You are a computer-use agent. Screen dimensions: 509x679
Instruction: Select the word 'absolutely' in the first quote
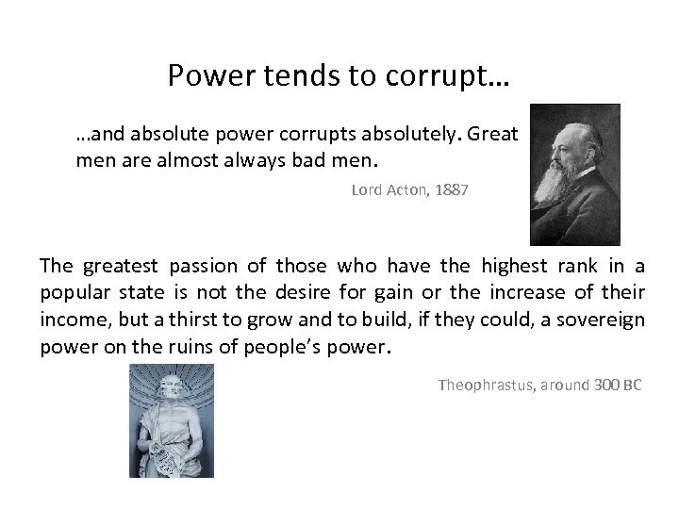tap(407, 135)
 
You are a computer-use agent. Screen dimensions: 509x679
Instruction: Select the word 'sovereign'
tap(602, 320)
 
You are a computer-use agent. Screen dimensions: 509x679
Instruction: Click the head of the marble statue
tap(171, 386)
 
